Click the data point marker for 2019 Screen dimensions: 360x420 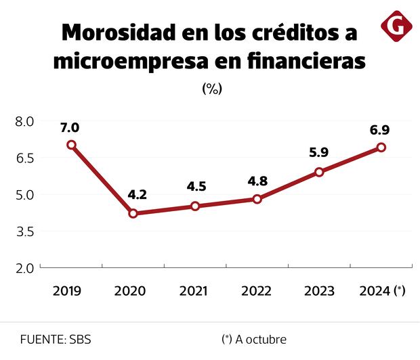click(71, 145)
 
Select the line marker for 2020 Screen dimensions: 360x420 click(133, 214)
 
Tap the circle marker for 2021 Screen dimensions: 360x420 click(195, 206)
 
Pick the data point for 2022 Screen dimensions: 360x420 click(257, 199)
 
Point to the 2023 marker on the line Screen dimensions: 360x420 click(319, 172)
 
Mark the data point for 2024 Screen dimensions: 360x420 click(381, 148)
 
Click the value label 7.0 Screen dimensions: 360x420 click(70, 127)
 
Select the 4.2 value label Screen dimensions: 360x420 click(137, 195)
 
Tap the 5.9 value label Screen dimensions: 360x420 click(318, 152)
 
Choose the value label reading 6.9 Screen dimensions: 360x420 click(379, 129)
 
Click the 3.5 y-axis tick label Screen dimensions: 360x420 click(25, 231)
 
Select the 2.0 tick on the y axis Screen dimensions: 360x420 click(25, 268)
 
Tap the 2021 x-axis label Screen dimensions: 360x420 click(194, 291)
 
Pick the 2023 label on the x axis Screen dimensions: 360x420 click(319, 291)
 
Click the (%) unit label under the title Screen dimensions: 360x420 click(212, 89)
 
